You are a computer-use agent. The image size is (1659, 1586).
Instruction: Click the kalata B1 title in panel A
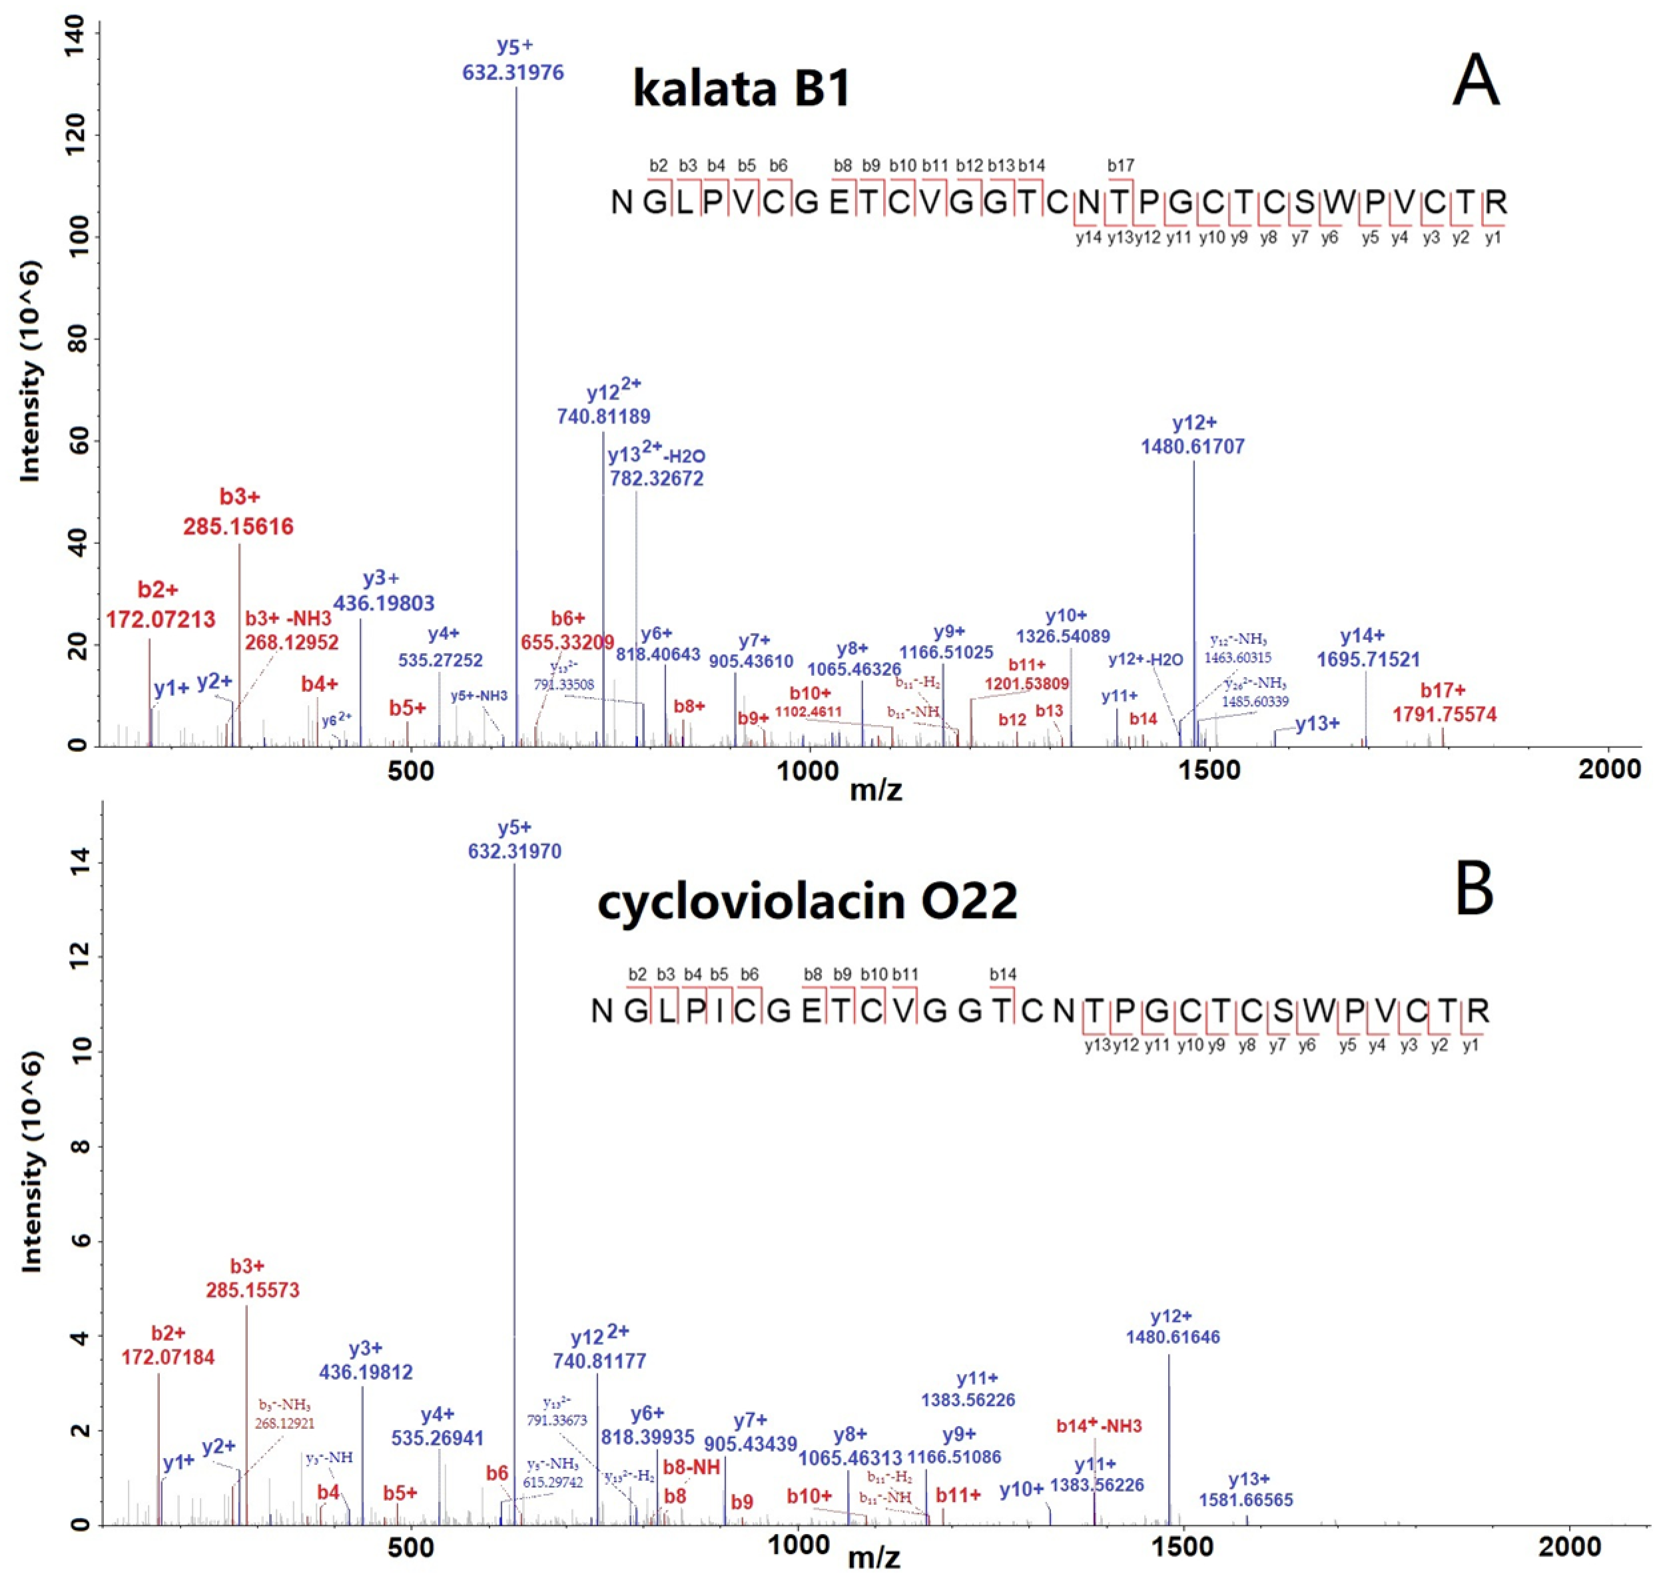pos(741,88)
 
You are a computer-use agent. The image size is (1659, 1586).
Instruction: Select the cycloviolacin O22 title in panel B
pos(807,900)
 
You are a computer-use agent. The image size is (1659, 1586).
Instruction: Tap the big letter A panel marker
pos(1475,81)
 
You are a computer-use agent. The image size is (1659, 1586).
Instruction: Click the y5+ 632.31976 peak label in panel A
pos(513,60)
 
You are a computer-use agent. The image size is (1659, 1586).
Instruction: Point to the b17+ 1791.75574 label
pos(1445,702)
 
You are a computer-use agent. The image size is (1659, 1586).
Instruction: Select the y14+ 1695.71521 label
pos(1368,648)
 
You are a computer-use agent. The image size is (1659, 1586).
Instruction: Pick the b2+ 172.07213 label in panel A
pos(160,605)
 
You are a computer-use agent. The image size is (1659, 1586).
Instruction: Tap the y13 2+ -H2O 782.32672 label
pos(656,467)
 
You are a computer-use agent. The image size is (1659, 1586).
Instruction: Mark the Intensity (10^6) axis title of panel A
pos(31,372)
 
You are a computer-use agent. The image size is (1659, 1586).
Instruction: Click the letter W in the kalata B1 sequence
pos(1339,202)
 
